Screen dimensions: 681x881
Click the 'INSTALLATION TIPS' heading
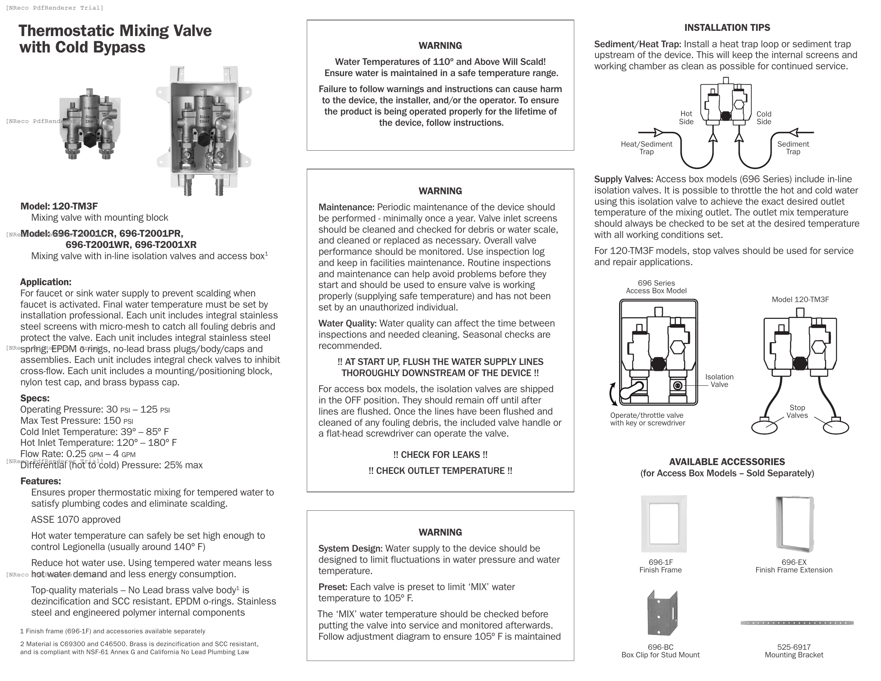[727, 28]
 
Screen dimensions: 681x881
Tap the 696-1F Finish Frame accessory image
[664, 524]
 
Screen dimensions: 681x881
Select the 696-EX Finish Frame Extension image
[794, 524]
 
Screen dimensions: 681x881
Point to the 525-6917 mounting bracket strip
[797, 623]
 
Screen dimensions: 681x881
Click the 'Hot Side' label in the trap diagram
[686, 118]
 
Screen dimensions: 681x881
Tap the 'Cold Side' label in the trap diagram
[763, 118]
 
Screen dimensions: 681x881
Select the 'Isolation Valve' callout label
[719, 381]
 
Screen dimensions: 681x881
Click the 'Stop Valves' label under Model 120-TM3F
[797, 411]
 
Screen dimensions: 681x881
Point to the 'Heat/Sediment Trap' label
[646, 148]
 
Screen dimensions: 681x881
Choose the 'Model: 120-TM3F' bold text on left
[59, 206]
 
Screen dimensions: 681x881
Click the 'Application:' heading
[46, 282]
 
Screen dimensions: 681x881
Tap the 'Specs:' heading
[35, 398]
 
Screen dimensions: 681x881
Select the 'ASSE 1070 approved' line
[75, 520]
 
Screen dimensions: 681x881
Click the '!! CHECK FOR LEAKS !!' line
[440, 455]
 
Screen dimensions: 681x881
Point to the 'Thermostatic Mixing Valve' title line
[115, 31]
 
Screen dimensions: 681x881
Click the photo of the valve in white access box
[204, 131]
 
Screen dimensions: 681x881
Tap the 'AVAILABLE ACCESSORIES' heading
[727, 462]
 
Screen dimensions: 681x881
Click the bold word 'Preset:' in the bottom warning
[332, 587]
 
